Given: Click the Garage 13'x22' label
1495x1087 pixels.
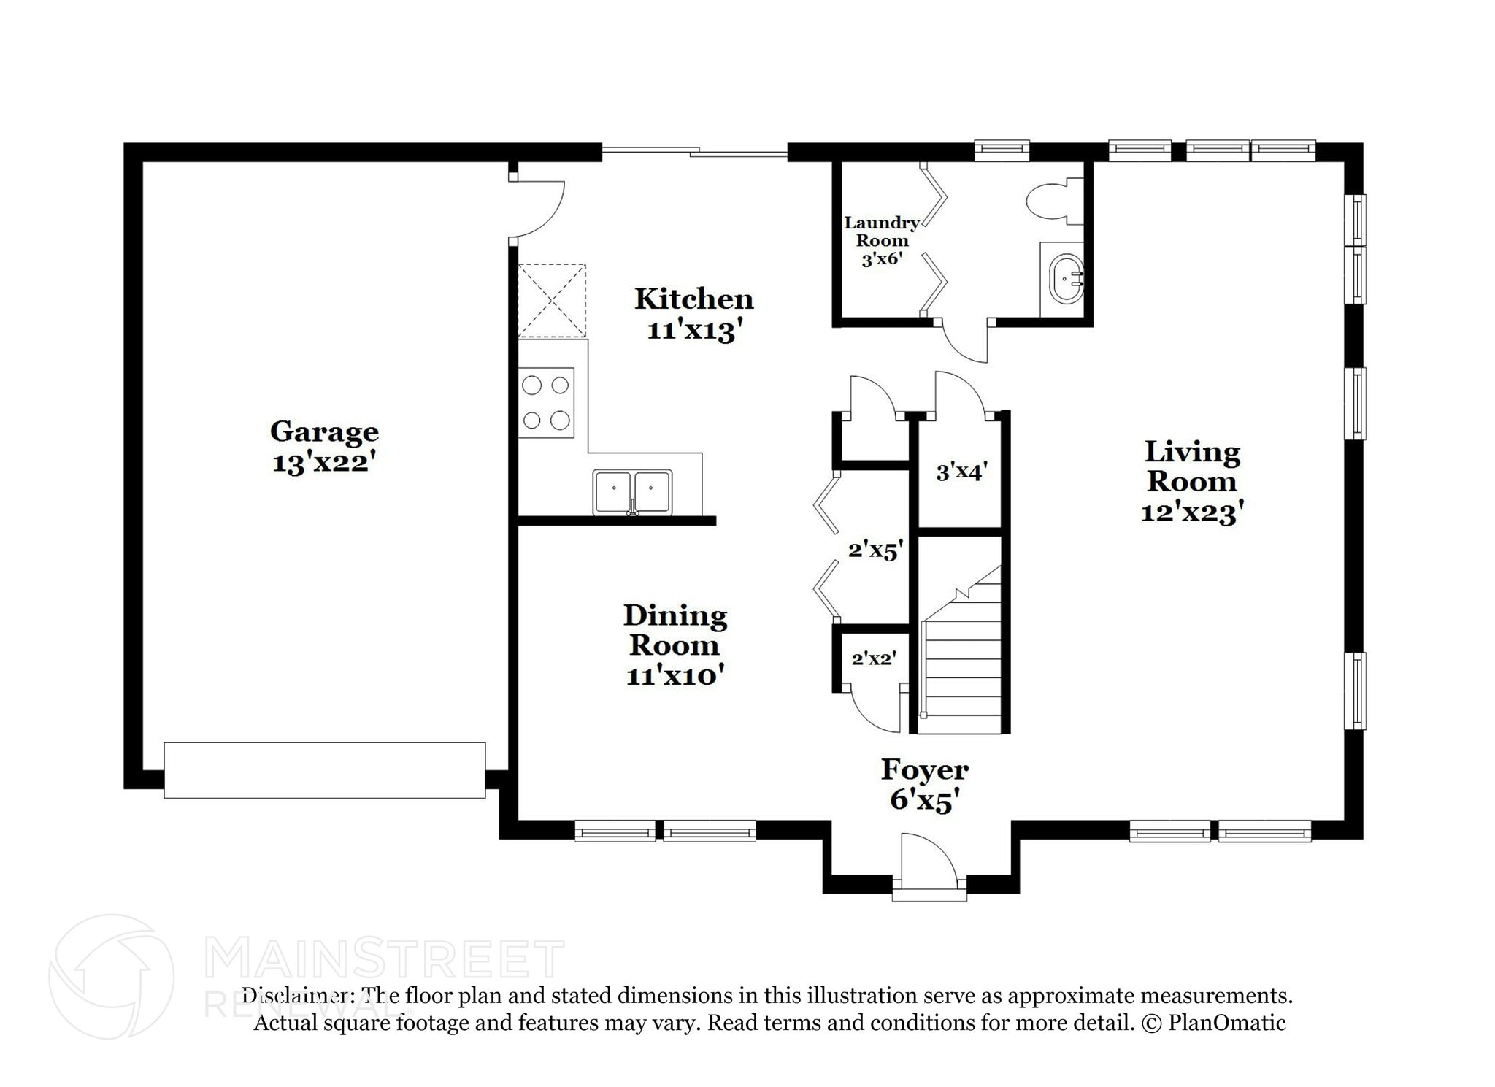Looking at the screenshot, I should tap(324, 446).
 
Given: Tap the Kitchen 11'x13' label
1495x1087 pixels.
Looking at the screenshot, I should tap(693, 314).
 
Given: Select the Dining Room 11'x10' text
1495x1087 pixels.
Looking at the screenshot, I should tap(675, 645).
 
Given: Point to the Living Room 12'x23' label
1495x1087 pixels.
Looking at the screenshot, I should tap(1191, 481).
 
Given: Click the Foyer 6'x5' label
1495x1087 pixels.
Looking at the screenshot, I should tap(924, 785).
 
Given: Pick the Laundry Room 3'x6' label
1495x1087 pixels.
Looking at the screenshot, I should tap(881, 240).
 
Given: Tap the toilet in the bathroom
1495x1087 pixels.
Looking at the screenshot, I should tap(1051, 201).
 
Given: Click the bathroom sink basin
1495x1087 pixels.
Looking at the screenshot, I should tap(1064, 278).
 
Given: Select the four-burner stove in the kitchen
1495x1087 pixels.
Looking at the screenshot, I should tap(545, 402).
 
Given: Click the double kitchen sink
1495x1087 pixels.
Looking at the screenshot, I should tap(632, 491).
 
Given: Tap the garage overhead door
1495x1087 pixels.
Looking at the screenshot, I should tap(324, 769).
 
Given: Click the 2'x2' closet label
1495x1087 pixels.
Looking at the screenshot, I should tap(874, 658).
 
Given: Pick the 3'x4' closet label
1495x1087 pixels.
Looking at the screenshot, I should tap(961, 472).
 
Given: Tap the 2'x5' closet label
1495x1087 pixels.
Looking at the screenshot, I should tap(875, 550).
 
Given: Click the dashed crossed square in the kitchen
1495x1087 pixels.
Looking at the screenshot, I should tap(552, 301).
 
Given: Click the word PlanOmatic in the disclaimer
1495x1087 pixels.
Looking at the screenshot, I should tap(1226, 1023).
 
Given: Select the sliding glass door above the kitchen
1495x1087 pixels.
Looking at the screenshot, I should tap(693, 152).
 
